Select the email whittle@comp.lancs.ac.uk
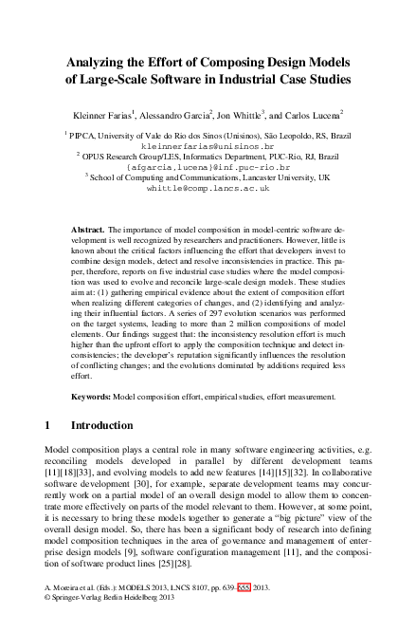tap(208, 189)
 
